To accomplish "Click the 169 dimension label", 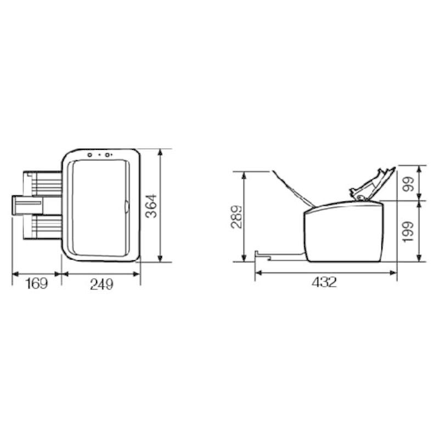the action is pos(37,284).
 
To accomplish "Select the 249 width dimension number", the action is pos(102,284).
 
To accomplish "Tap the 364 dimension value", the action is pos(152,206).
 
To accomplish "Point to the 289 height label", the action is pos(236,217).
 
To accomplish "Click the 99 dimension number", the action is pos(409,184).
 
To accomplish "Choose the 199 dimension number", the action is pos(409,232).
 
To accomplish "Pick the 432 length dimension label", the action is pos(324,282).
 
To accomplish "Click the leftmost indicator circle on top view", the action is pos(90,155).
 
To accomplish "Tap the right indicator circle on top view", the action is pos(107,155).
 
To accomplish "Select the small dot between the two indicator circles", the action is pos(99,155).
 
